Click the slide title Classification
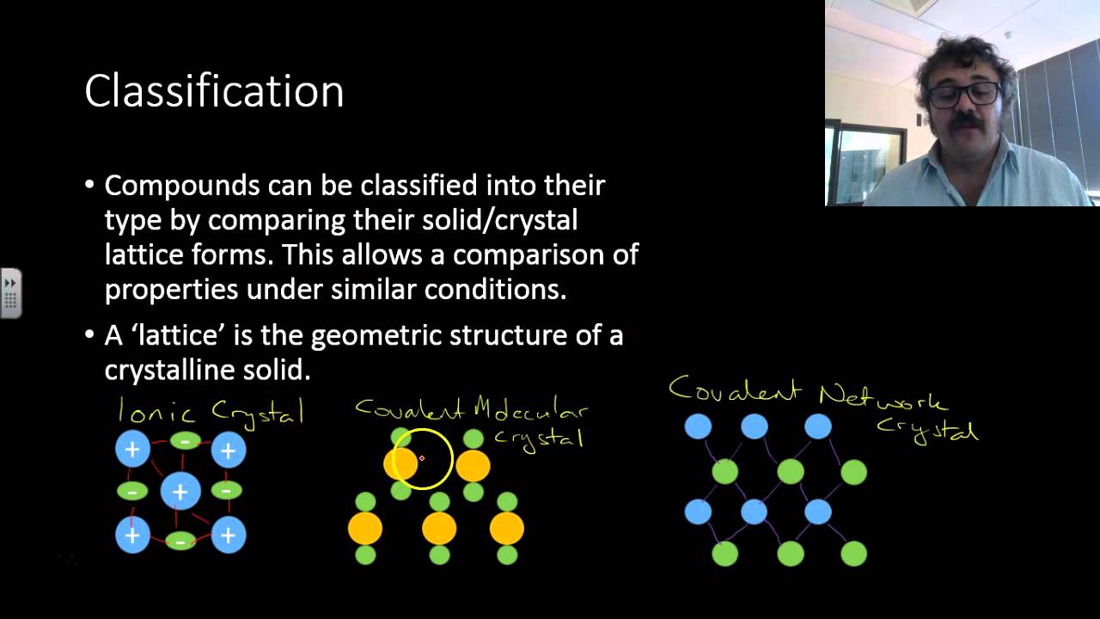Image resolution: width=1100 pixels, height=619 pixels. [x=214, y=91]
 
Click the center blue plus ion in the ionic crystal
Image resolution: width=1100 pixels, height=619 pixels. [x=180, y=492]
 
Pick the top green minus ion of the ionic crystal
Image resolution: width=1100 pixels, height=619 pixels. [x=185, y=441]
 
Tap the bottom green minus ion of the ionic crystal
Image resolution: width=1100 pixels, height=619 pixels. [x=180, y=542]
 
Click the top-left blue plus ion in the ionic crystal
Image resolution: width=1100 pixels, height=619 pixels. [x=132, y=449]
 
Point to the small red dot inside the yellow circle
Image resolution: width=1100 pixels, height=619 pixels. [x=422, y=458]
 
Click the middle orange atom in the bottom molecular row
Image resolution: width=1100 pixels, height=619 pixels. [x=439, y=529]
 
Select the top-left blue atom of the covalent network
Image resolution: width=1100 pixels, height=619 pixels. [x=698, y=426]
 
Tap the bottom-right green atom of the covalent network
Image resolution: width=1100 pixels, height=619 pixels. [x=853, y=553]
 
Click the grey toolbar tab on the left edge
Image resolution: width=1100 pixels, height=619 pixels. [x=10, y=293]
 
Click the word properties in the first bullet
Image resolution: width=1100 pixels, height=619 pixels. [x=171, y=290]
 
